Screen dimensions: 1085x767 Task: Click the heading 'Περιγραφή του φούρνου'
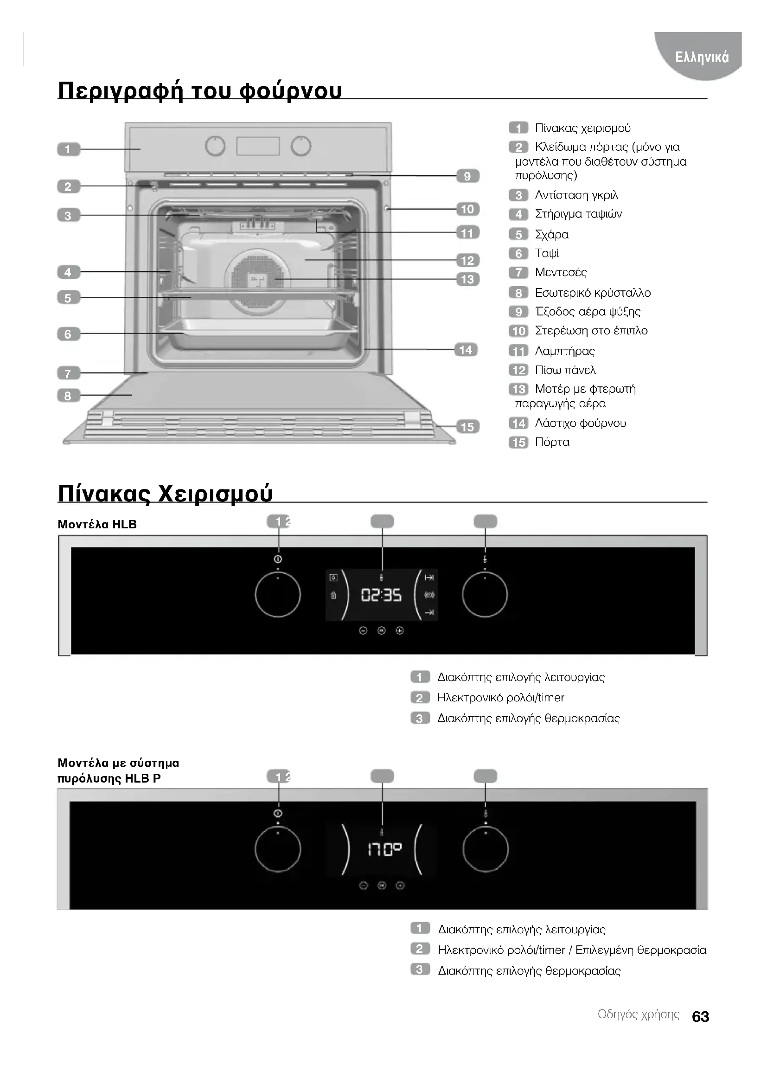[x=200, y=90]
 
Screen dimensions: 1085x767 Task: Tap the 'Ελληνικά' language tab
[x=702, y=57]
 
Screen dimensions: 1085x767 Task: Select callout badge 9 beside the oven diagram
[x=467, y=176]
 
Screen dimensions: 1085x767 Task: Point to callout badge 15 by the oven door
[x=467, y=427]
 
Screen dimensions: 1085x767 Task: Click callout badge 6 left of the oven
[x=69, y=334]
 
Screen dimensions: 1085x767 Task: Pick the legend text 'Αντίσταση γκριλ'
[x=576, y=195]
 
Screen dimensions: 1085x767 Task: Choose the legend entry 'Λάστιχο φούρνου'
[x=581, y=423]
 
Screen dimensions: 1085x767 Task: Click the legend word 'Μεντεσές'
[x=561, y=272]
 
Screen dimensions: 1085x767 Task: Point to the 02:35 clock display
[x=381, y=595]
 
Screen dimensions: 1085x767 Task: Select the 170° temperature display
[x=384, y=850]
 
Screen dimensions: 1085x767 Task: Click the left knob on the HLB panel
[x=278, y=595]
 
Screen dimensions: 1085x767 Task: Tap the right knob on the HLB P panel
[x=486, y=850]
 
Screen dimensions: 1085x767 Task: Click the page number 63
[x=700, y=1016]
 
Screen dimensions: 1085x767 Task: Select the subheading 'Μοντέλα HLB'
[x=97, y=524]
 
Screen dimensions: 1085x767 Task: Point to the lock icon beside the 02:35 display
[x=333, y=596]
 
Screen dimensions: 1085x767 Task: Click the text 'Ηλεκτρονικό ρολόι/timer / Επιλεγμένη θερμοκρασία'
[x=572, y=950]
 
